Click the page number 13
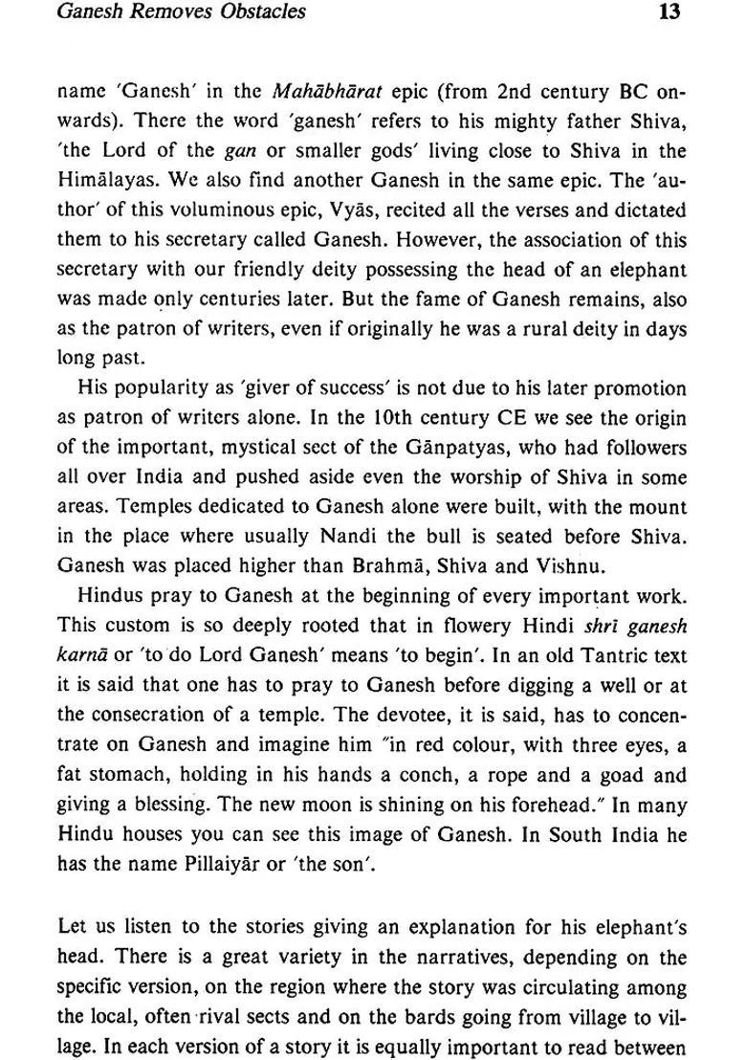(669, 13)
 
